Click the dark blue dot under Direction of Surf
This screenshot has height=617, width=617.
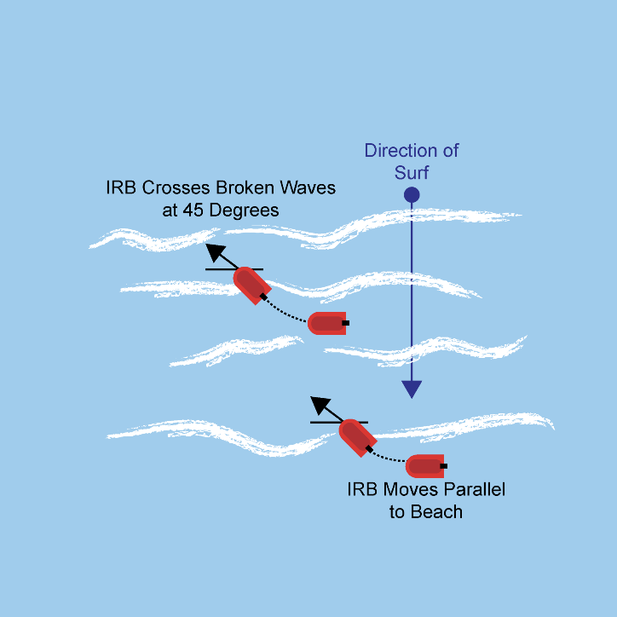pyautogui.click(x=412, y=195)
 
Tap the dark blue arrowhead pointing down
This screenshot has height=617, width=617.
pyautogui.click(x=412, y=389)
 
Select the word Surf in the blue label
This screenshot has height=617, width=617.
pyautogui.click(x=412, y=172)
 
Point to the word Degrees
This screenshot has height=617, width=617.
pyautogui.click(x=245, y=210)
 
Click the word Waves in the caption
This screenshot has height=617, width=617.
pyautogui.click(x=308, y=187)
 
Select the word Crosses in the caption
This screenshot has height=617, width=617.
pyautogui.click(x=176, y=187)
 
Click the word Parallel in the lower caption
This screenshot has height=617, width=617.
pyautogui.click(x=475, y=489)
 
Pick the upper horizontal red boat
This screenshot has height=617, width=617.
pyautogui.click(x=327, y=323)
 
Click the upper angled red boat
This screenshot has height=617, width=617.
pyautogui.click(x=252, y=285)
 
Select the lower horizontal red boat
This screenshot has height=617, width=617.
pyautogui.click(x=425, y=466)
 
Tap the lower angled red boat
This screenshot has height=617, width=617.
pyautogui.click(x=357, y=437)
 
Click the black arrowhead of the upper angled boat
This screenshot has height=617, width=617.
pyautogui.click(x=215, y=252)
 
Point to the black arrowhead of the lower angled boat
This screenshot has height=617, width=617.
pyautogui.click(x=320, y=405)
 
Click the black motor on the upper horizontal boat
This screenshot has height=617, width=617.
pyautogui.click(x=345, y=323)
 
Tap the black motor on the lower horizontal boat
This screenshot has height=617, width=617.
pyautogui.click(x=443, y=466)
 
